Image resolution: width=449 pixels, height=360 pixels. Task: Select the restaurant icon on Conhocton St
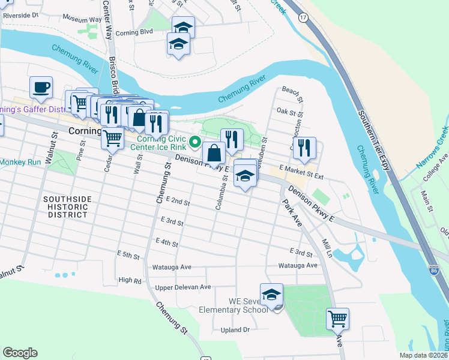tap(306, 148)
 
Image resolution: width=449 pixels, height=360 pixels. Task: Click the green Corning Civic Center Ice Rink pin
tap(194, 142)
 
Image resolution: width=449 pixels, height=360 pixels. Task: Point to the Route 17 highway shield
tap(304, 19)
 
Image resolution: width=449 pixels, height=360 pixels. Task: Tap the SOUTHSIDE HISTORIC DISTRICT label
tap(67, 207)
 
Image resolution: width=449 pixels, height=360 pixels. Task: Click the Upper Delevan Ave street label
tap(183, 287)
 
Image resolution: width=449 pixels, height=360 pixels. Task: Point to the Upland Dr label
tap(235, 329)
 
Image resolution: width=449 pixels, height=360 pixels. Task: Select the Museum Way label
tap(82, 20)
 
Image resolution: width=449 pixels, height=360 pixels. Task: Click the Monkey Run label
tap(20, 162)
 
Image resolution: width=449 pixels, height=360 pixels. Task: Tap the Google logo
tap(20, 353)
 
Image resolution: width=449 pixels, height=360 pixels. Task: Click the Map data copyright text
tap(423, 355)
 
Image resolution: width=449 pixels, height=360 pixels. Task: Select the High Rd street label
tap(130, 280)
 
